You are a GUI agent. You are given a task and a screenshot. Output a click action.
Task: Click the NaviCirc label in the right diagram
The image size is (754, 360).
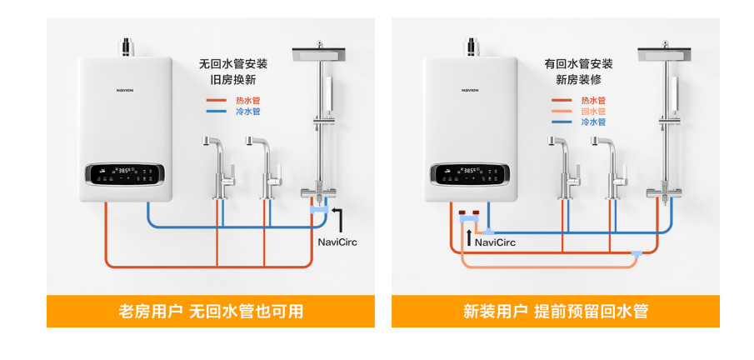[495, 242]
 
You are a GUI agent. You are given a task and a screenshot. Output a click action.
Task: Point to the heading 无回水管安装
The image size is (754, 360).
[232, 63]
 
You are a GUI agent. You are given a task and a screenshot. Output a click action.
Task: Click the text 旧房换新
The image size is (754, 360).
[232, 80]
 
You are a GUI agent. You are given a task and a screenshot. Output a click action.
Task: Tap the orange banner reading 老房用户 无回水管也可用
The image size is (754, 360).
[211, 312]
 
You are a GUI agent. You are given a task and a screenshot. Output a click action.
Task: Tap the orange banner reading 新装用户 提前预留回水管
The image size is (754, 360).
[556, 312]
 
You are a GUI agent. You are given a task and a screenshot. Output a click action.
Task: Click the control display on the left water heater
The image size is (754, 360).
[125, 174]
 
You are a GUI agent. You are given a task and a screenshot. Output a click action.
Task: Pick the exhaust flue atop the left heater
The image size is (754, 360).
[127, 47]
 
